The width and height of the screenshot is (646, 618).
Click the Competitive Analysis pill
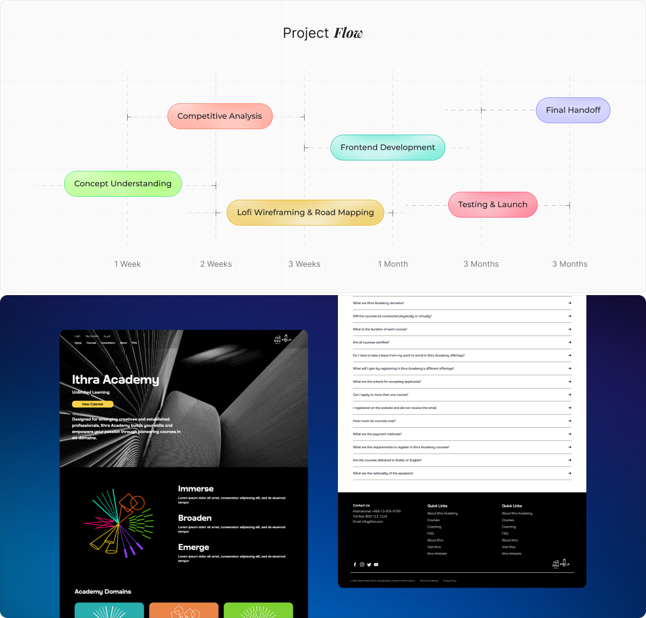220,116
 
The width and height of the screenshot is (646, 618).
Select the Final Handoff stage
573,110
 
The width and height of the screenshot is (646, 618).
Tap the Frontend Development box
388,148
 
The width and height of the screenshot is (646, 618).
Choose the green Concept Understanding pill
123,184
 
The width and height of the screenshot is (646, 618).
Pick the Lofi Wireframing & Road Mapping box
305,213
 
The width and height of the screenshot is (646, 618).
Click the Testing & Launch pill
492,205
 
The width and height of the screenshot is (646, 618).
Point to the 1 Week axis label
128,264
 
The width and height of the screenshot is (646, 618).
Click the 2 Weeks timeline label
216,264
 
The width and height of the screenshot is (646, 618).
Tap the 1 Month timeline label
393,264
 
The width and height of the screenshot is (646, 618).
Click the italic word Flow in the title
348,33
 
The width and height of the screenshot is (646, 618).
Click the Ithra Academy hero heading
115,380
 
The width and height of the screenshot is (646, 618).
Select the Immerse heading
196,489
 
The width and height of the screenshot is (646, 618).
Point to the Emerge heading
193,547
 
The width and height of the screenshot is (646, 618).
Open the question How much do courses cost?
374,421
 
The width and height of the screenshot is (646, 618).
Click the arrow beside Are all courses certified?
569,342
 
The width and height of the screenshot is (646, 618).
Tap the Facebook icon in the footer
355,564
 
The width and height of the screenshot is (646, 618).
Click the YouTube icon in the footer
376,564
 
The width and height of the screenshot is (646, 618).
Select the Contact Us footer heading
361,505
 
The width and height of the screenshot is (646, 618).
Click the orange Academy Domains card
184,611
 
